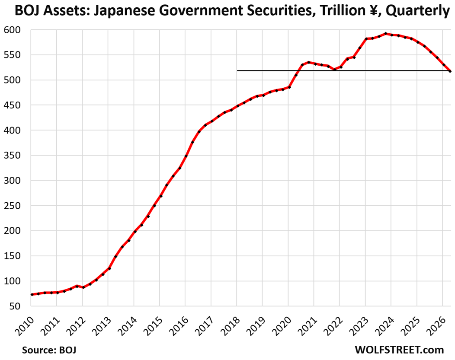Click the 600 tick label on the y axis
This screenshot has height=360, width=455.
pyautogui.click(x=12, y=30)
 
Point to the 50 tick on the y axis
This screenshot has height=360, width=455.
pyautogui.click(x=15, y=306)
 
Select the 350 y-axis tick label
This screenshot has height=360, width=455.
pyautogui.click(x=12, y=156)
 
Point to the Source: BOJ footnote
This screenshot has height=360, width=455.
pyautogui.click(x=49, y=350)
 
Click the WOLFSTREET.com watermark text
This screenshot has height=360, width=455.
pyautogui.click(x=399, y=350)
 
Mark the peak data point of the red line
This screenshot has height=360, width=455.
pyautogui.click(x=386, y=34)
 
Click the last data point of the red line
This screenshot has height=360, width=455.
pyautogui.click(x=450, y=71)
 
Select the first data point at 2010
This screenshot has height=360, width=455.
pyautogui.click(x=32, y=294)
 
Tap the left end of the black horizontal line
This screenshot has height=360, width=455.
pyautogui.click(x=237, y=70)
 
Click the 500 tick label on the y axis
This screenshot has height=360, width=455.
pyautogui.click(x=12, y=80)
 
